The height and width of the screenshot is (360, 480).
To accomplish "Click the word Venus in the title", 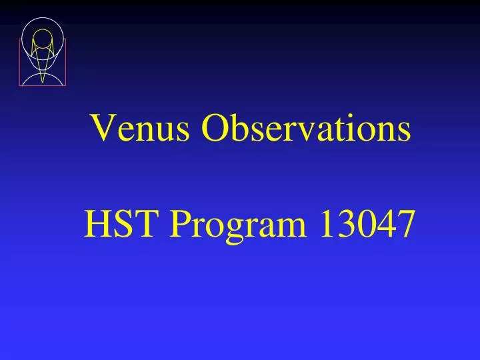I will tap(141, 129).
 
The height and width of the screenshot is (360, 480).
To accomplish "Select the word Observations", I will tap(306, 129).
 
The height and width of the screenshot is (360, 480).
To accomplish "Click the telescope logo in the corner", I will tap(43, 52).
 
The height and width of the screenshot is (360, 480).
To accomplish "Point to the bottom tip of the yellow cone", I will tap(43, 82).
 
